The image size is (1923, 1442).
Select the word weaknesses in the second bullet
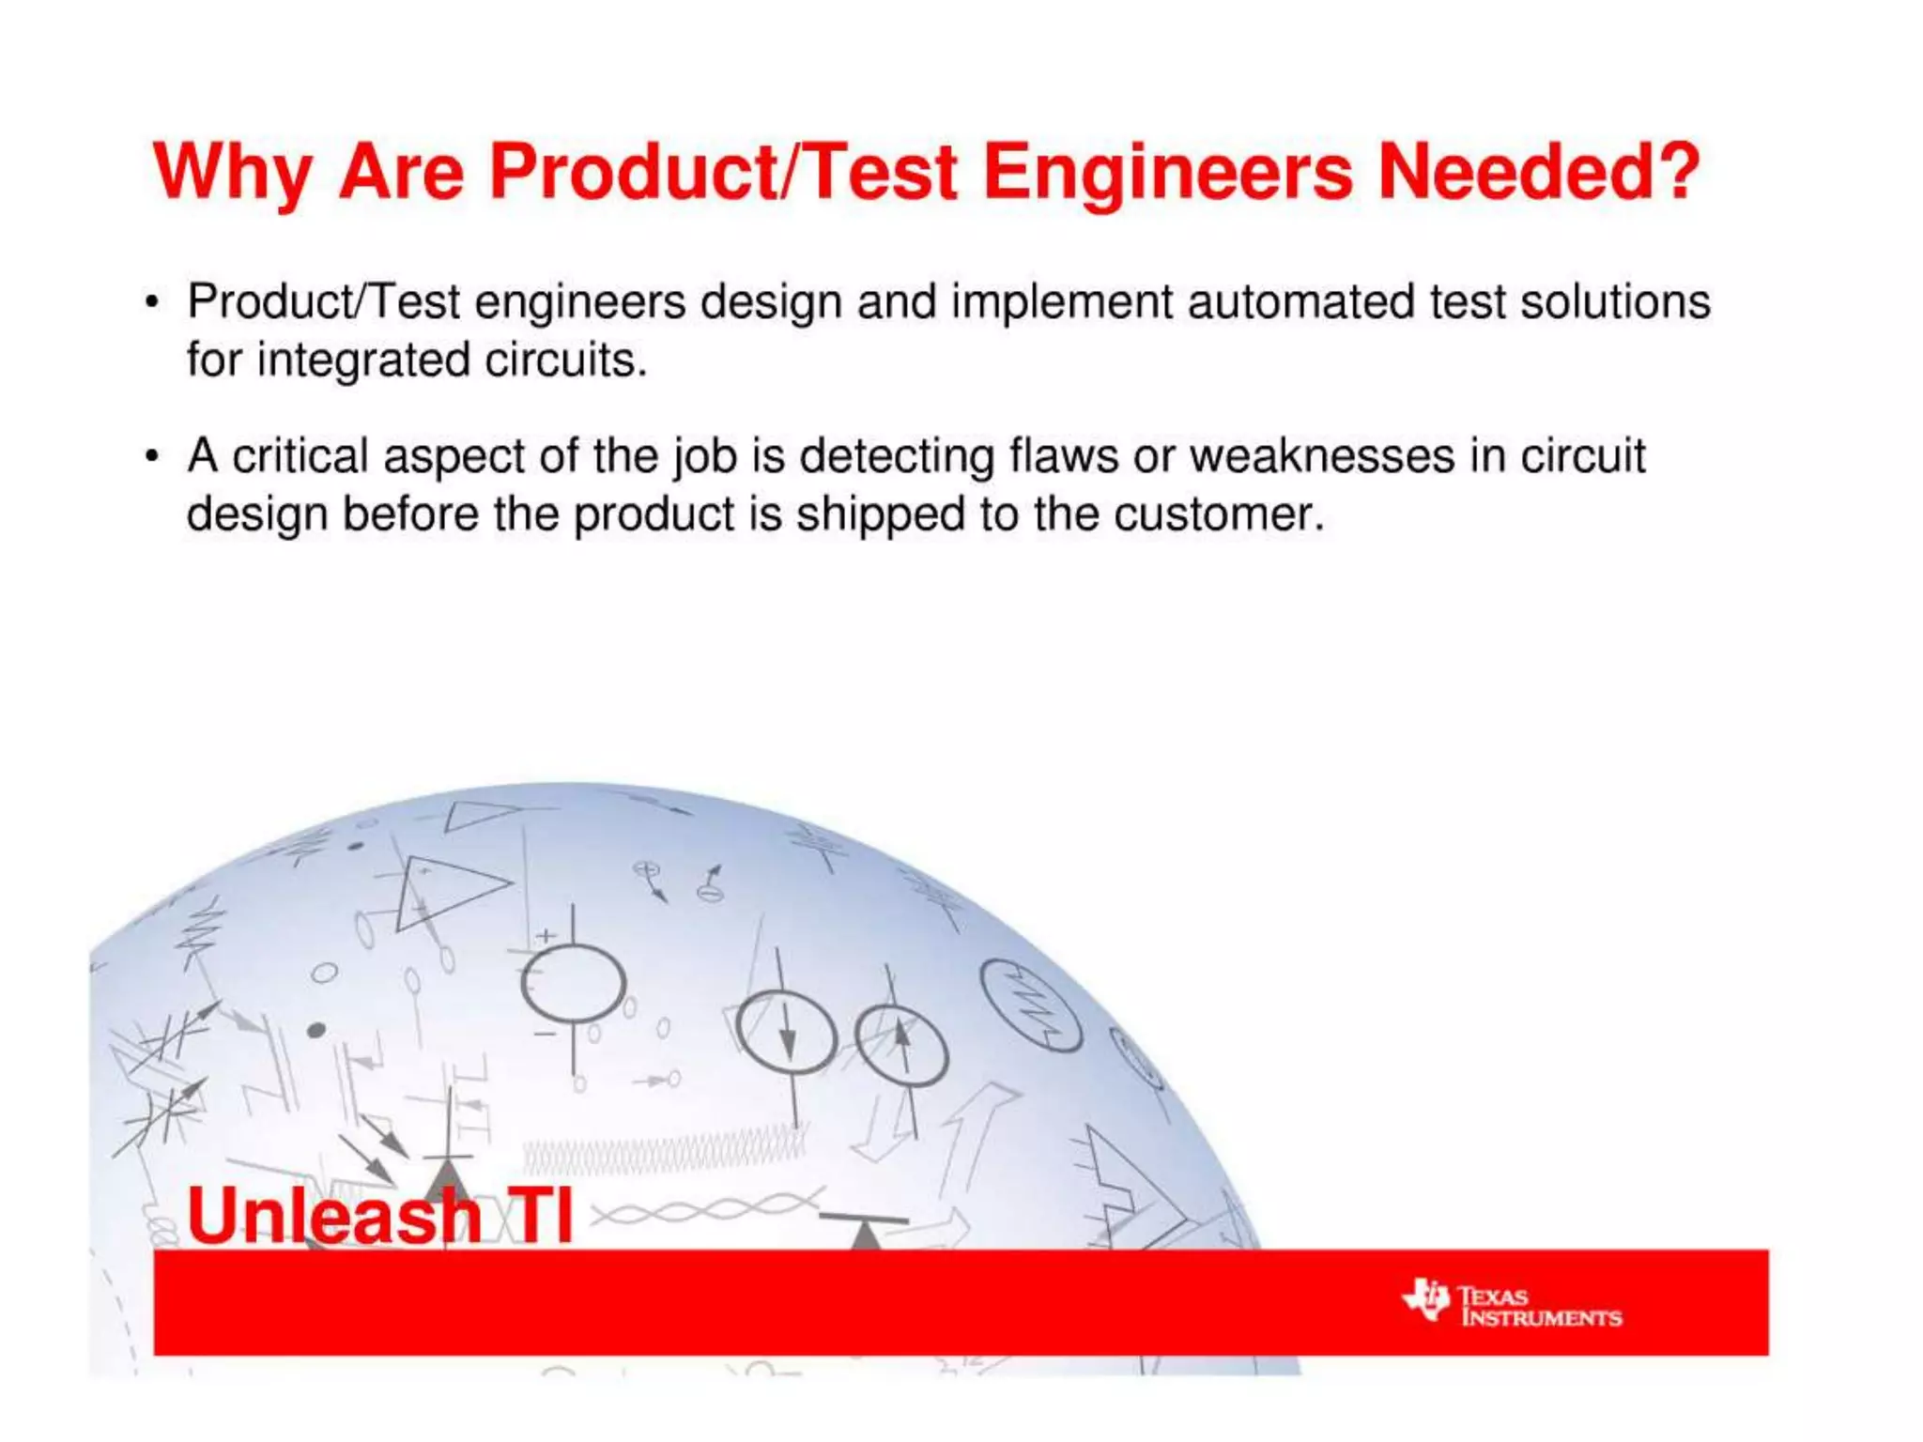click(1322, 456)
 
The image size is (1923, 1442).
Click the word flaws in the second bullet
click(1064, 456)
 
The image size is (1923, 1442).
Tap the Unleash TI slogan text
click(379, 1217)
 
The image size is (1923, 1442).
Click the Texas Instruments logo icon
click(1426, 1299)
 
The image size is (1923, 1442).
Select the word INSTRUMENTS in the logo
click(1541, 1318)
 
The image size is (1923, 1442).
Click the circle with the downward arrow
click(786, 1034)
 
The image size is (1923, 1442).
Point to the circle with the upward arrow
click(901, 1045)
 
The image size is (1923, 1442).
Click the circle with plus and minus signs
click(573, 984)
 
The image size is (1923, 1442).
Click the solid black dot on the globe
click(316, 1030)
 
